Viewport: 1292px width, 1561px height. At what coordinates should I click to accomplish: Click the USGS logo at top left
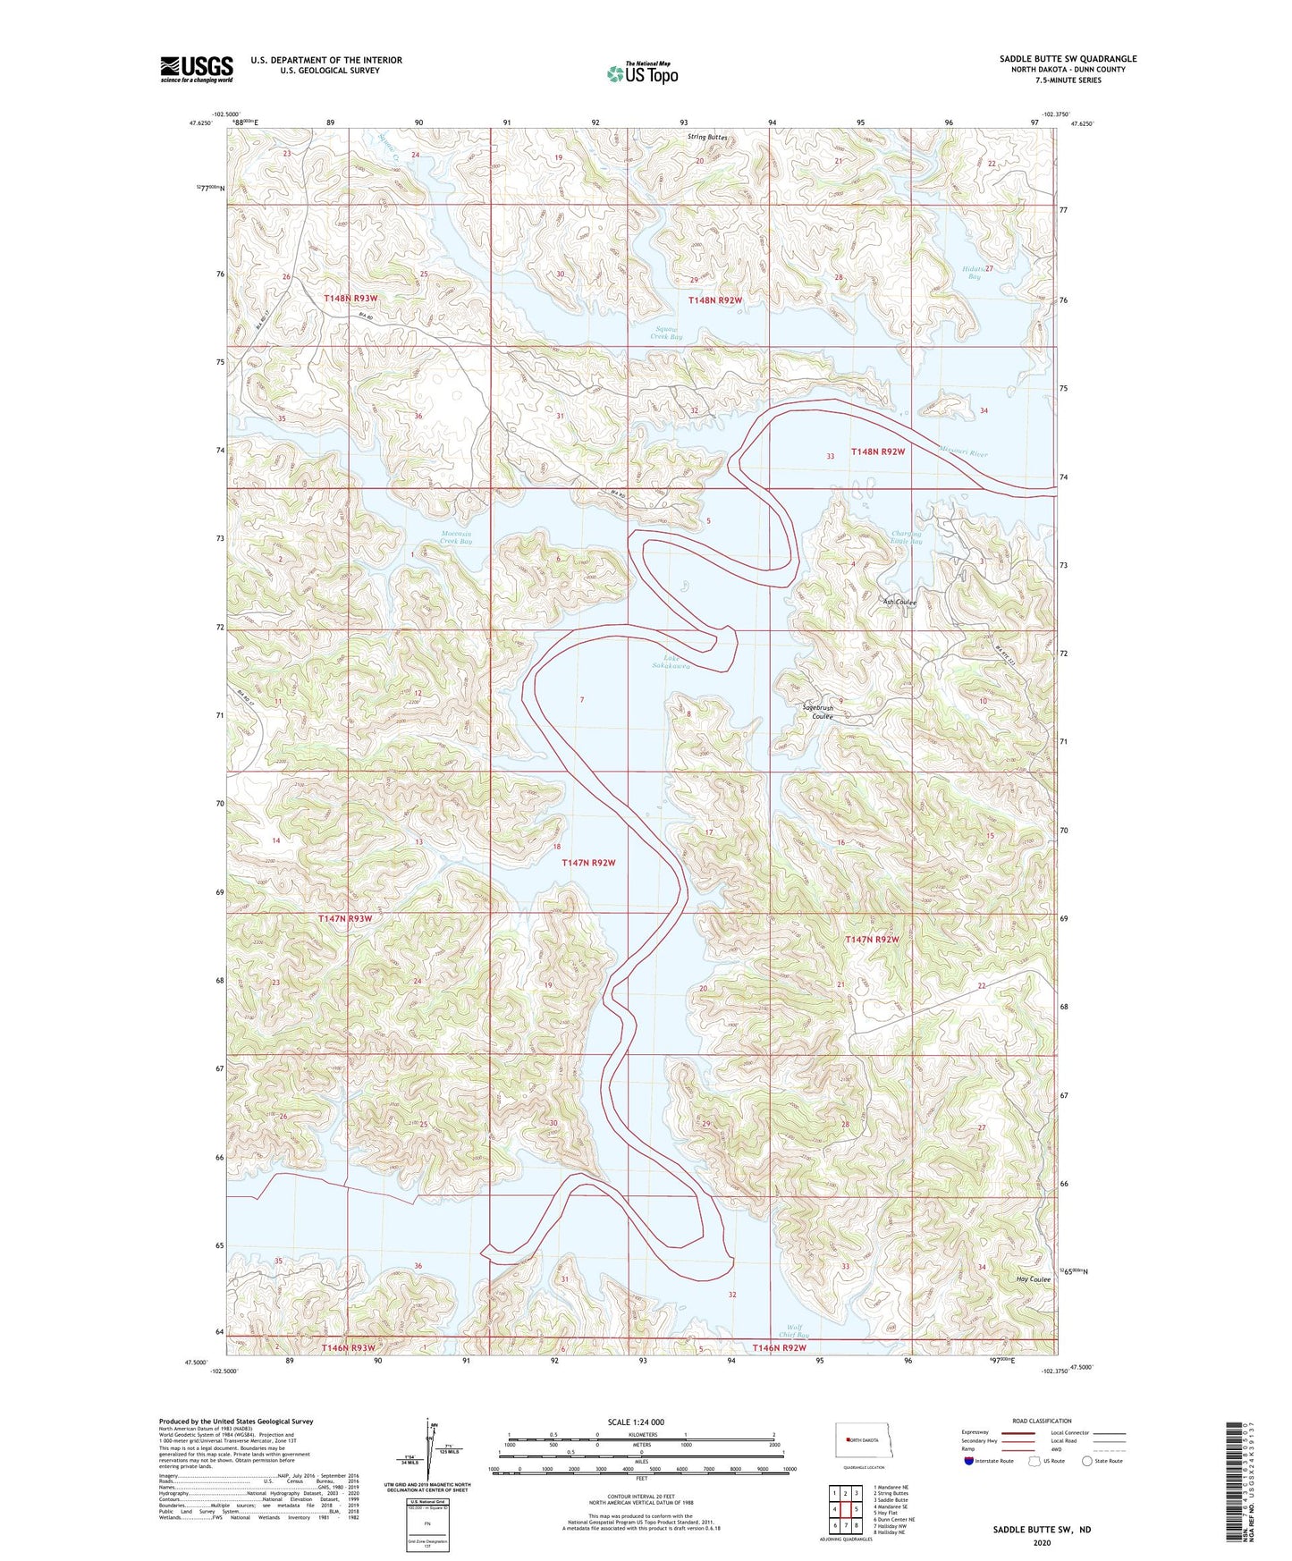(x=197, y=69)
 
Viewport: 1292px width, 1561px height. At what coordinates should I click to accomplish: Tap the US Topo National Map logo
(x=642, y=73)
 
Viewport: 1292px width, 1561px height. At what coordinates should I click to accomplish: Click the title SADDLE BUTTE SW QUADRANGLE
(x=1068, y=59)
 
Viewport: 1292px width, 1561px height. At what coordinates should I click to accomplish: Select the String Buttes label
(x=707, y=138)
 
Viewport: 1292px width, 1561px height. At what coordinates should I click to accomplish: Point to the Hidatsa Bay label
(x=973, y=273)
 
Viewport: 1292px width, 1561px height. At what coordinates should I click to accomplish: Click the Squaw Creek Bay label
(x=667, y=333)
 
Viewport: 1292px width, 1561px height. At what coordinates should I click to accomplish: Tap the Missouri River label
(x=963, y=452)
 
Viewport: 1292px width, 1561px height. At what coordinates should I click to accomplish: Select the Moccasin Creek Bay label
(x=455, y=537)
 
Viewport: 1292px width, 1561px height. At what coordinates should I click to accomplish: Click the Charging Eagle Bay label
(x=905, y=537)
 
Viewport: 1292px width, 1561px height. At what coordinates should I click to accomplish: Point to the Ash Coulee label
(x=899, y=603)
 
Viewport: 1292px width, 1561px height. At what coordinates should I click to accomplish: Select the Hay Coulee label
(x=1033, y=1279)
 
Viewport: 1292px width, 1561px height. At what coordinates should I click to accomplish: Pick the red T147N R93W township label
(x=345, y=918)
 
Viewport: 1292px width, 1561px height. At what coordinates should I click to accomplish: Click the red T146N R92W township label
(x=779, y=1347)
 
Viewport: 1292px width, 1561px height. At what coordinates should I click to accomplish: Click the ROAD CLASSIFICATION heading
(x=1042, y=1421)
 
